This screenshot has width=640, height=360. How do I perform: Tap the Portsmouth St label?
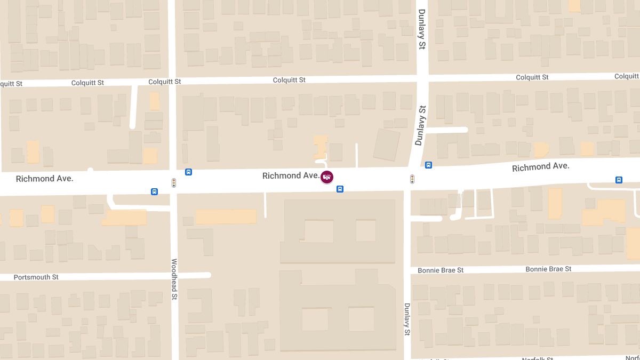pyautogui.click(x=36, y=277)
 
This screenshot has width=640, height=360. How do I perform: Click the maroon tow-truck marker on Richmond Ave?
pyautogui.click(x=327, y=177)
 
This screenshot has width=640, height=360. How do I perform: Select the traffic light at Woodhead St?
pyautogui.click(x=174, y=182)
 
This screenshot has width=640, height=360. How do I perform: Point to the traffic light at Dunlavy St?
pyautogui.click(x=412, y=179)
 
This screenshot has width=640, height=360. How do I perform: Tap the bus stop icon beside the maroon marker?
pyautogui.click(x=340, y=189)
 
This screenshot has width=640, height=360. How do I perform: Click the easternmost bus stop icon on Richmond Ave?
pyautogui.click(x=619, y=180)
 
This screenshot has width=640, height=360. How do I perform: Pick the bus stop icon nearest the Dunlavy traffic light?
pyautogui.click(x=428, y=165)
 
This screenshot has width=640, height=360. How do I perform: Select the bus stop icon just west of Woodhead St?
pyautogui.click(x=154, y=191)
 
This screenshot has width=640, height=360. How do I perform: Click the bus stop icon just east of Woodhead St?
pyautogui.click(x=188, y=172)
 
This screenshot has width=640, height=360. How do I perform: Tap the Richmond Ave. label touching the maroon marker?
pyautogui.click(x=291, y=175)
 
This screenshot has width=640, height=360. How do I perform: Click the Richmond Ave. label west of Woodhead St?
pyautogui.click(x=44, y=179)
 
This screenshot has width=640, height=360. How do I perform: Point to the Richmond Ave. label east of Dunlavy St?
pyautogui.click(x=540, y=167)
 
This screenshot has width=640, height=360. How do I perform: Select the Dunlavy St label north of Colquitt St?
pyautogui.click(x=421, y=29)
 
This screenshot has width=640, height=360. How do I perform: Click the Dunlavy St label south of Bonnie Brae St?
pyautogui.click(x=407, y=319)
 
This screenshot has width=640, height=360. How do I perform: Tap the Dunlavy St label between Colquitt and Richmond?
pyautogui.click(x=421, y=125)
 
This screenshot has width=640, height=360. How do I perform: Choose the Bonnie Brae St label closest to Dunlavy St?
pyautogui.click(x=441, y=270)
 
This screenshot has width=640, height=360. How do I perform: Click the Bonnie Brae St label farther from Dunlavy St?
pyautogui.click(x=548, y=269)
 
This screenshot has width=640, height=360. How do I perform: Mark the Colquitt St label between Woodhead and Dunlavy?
pyautogui.click(x=289, y=80)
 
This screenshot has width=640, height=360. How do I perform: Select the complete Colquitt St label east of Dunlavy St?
pyautogui.click(x=532, y=77)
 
